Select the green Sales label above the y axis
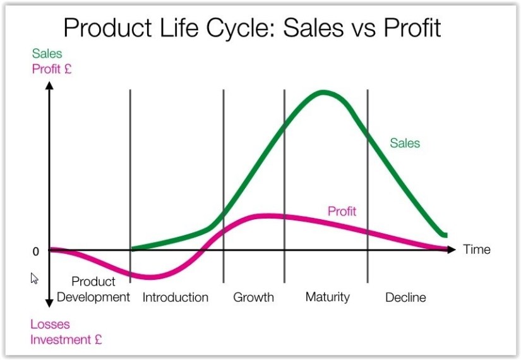47,54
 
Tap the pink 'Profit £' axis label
51,68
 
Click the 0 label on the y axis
35,251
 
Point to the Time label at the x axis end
476,249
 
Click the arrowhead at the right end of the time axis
450,249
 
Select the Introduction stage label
175,297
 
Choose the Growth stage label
253,297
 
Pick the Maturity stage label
327,297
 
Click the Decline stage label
405,297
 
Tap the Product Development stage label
93,289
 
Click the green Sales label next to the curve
405,143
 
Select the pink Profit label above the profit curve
342,211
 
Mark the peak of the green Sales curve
324,92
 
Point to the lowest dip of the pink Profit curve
150,277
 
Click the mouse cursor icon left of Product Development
35,278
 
